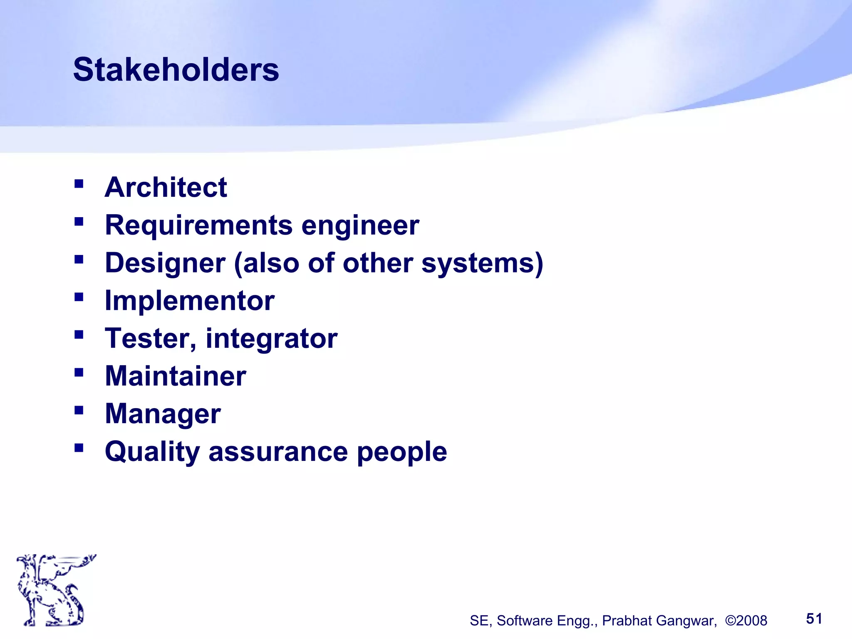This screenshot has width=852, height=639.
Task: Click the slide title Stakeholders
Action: click(x=176, y=69)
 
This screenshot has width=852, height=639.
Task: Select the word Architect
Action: click(x=166, y=187)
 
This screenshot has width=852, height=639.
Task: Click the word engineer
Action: click(x=360, y=225)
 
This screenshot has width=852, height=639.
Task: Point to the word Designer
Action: click(x=165, y=263)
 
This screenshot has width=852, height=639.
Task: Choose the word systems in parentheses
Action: click(x=478, y=263)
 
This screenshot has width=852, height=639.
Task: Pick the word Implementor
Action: click(x=190, y=300)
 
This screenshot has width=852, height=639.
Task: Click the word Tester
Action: click(x=151, y=338)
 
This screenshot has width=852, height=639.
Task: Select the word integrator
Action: click(x=272, y=338)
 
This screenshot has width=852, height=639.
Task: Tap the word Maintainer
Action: click(x=176, y=376)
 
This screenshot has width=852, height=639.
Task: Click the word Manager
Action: click(x=163, y=414)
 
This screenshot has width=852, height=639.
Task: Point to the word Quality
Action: click(x=152, y=452)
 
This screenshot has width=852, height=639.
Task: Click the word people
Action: click(x=402, y=452)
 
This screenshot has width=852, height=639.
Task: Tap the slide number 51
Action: click(x=814, y=619)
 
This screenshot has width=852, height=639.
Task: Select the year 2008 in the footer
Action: click(x=751, y=621)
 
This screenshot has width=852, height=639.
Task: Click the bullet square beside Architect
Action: click(x=79, y=183)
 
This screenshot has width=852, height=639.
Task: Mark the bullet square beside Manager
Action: click(x=79, y=410)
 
